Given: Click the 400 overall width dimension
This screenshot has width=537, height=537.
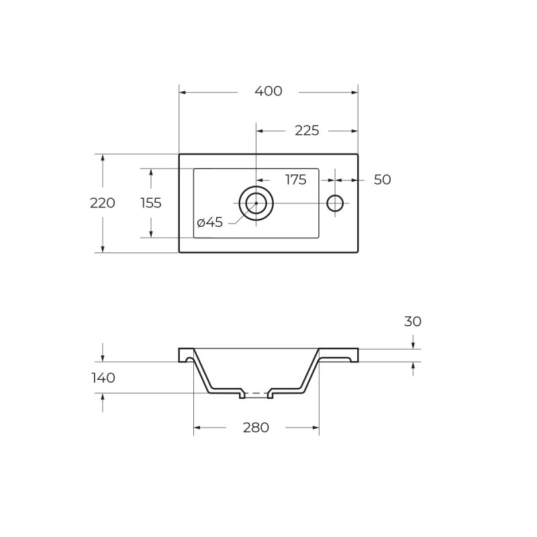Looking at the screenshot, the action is (x=268, y=91).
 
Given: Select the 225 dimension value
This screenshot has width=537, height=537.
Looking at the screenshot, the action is (x=307, y=130).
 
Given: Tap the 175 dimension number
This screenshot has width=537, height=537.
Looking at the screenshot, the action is (x=296, y=179).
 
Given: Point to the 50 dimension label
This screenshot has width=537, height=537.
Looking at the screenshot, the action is (x=382, y=179).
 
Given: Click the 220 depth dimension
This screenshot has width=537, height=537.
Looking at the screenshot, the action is (x=103, y=203).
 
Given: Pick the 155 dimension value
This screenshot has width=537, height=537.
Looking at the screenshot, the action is (x=150, y=203).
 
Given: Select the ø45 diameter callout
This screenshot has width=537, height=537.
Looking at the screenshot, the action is (x=209, y=223).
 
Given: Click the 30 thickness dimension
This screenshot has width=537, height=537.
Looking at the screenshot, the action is (x=413, y=322).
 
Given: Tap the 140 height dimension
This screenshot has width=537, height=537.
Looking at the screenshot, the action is (x=103, y=378).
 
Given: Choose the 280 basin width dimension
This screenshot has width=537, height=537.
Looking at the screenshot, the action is (x=256, y=428).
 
